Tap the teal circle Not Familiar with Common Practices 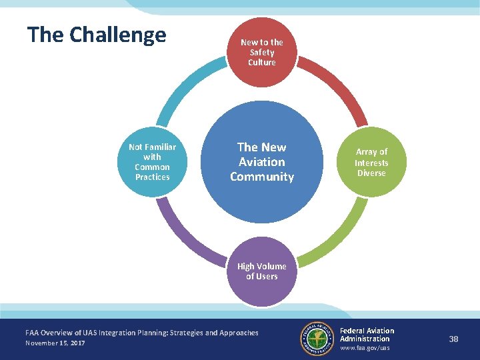[x=152, y=162]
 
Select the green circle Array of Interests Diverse [x=371, y=162]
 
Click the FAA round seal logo [x=317, y=339]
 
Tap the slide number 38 [x=453, y=339]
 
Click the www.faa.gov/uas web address [x=365, y=348]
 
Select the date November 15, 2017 [x=55, y=343]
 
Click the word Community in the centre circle [x=262, y=177]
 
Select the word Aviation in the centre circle [x=262, y=162]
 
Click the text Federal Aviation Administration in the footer [x=367, y=335]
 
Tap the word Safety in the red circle [x=262, y=52]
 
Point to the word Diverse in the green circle [x=371, y=173]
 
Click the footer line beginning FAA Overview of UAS [x=141, y=332]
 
